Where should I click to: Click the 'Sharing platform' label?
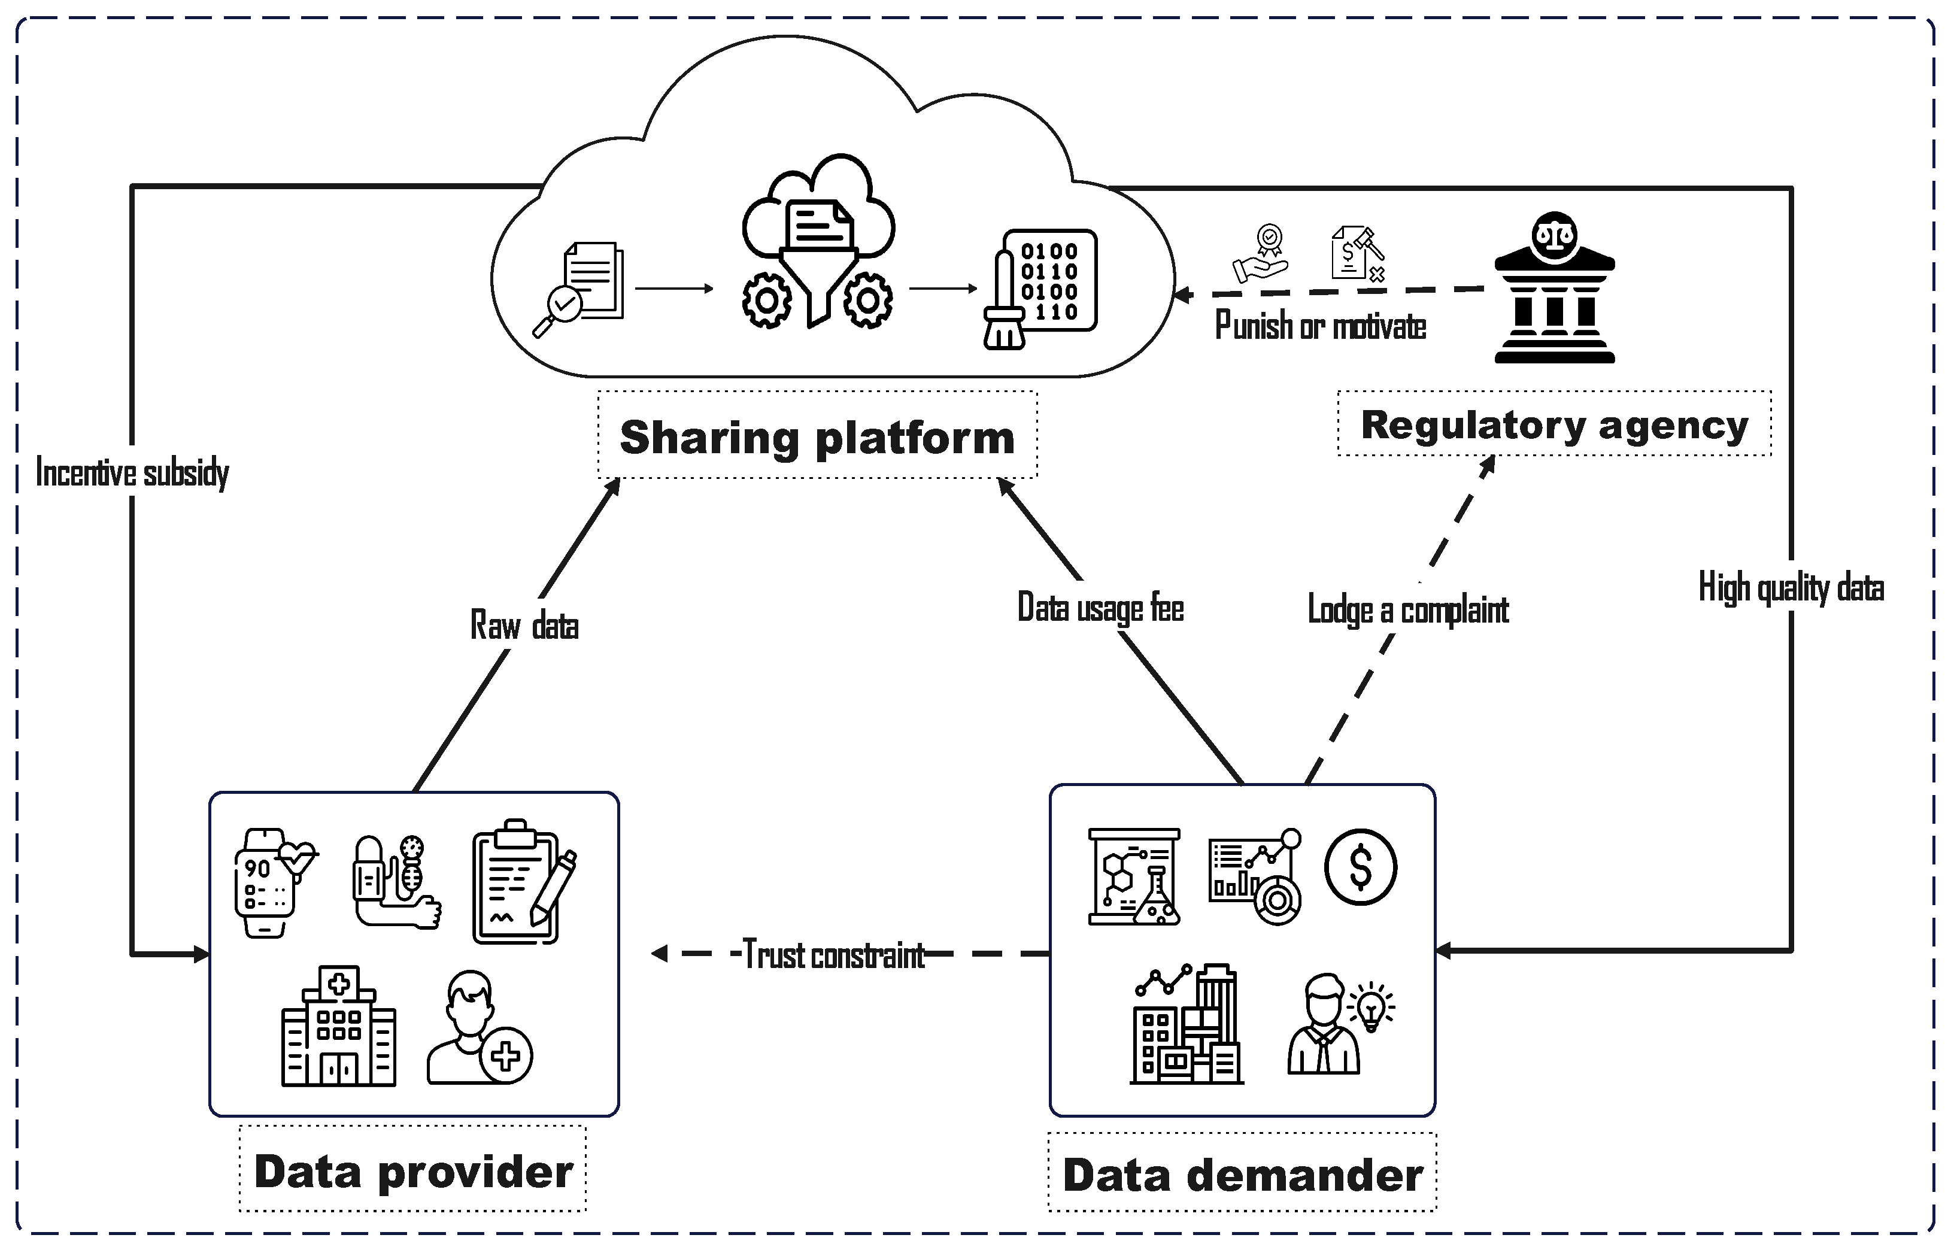(817, 438)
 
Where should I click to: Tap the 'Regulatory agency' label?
(1554, 425)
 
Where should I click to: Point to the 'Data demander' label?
(1243, 1175)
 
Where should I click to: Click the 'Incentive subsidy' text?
(132, 472)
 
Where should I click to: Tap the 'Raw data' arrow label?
(524, 625)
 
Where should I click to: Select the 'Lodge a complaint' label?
(1408, 609)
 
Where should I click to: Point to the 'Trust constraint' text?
(833, 954)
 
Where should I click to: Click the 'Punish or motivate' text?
(1321, 326)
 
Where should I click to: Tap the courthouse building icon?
(1554, 287)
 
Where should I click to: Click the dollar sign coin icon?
(1360, 867)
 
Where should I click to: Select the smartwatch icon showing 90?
(274, 883)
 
